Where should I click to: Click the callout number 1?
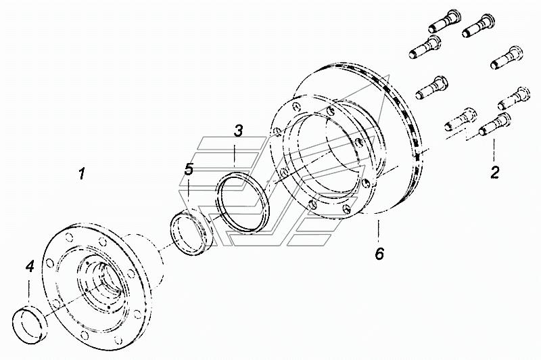81,173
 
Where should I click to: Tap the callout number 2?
495,173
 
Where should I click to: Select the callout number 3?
238,131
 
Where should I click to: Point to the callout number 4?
30,267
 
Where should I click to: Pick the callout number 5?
189,169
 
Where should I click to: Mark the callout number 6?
379,254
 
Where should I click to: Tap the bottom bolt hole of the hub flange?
84,334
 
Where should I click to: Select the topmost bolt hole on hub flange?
70,238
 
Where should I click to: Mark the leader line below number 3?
235,156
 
